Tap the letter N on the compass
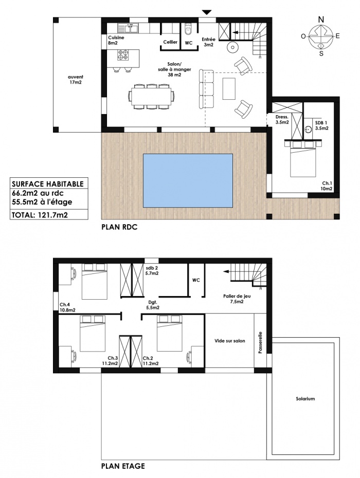[321, 20]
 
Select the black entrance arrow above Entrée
[207, 12]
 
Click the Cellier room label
[170, 42]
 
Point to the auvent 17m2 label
[75, 79]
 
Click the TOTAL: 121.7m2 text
[40, 211]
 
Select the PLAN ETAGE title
[123, 467]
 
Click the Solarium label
[305, 399]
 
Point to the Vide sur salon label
[229, 341]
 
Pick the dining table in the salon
[152, 97]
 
